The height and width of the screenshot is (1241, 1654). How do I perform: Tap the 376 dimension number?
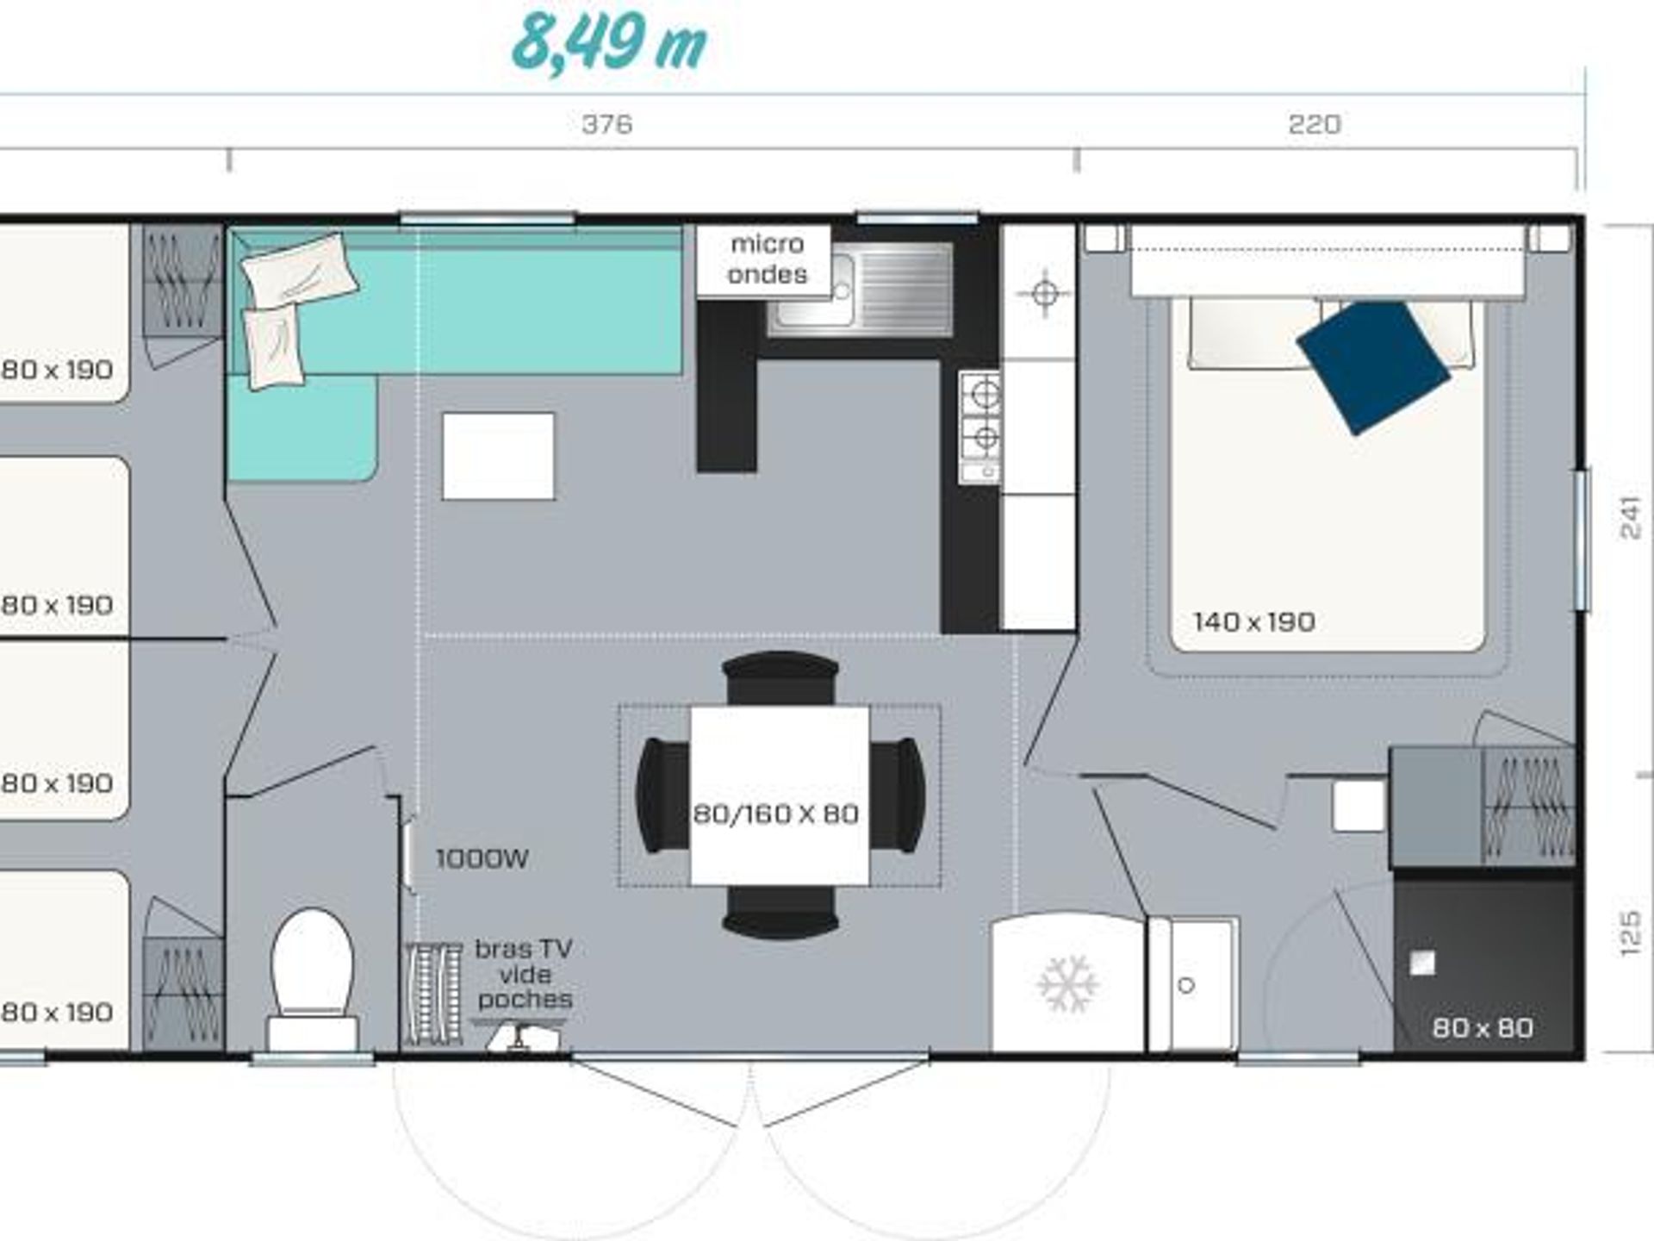click(607, 124)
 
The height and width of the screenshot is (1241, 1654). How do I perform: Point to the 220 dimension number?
click(1315, 124)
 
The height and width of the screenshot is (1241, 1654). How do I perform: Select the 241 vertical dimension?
click(1631, 517)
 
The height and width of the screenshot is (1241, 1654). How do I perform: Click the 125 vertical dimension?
click(1631, 933)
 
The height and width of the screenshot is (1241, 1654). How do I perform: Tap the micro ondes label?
click(767, 259)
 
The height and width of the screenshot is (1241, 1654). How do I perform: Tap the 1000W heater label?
click(482, 858)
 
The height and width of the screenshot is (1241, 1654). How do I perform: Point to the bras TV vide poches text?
click(524, 974)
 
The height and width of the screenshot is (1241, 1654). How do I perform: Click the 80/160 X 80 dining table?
click(779, 795)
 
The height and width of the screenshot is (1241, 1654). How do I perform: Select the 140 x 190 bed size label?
click(1254, 621)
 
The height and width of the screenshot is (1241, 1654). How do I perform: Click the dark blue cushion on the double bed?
click(1372, 366)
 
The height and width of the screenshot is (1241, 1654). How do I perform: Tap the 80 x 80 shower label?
click(1483, 1027)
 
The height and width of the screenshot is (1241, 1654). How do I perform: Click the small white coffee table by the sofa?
click(498, 456)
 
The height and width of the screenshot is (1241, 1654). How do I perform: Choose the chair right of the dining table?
click(898, 795)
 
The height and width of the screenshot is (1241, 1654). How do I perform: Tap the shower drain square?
click(1422, 963)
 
